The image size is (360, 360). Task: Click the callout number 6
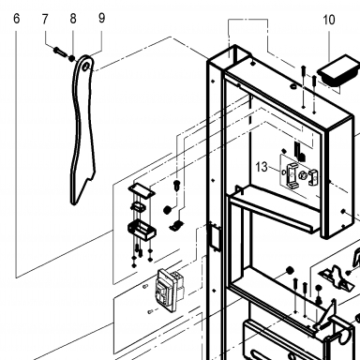tap(17, 19)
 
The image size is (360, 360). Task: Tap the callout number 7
tap(45, 20)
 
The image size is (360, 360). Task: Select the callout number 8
tap(73, 19)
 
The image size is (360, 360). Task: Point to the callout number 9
tap(101, 18)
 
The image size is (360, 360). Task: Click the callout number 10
tap(329, 20)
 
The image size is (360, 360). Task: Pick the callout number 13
tap(262, 167)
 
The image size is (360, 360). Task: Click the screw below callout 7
tap(60, 51)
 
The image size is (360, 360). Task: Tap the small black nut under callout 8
tap(72, 58)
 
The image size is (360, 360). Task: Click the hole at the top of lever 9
tap(86, 67)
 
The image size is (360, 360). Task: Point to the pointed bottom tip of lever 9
tap(74, 203)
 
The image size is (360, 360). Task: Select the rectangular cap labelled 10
tap(337, 70)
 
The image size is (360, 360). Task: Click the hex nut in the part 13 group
tap(303, 174)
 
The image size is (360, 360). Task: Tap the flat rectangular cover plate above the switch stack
tap(142, 190)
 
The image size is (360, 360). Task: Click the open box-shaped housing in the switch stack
tap(142, 230)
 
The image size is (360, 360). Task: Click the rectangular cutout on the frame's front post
tap(216, 236)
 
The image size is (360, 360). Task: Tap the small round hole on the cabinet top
tap(293, 86)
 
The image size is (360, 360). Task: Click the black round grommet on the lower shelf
tap(290, 270)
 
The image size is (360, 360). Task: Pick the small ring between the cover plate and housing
tap(138, 206)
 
